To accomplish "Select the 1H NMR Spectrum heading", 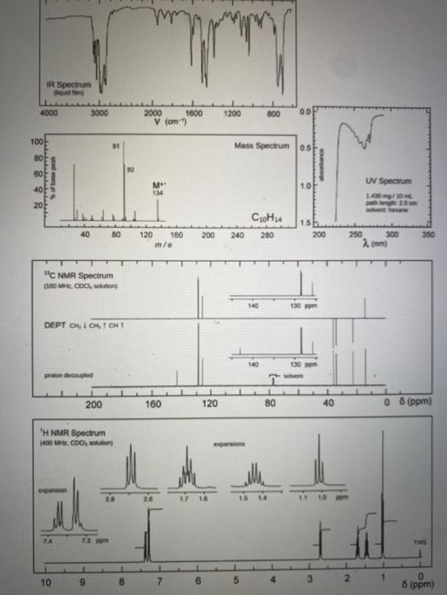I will click(x=74, y=433).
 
